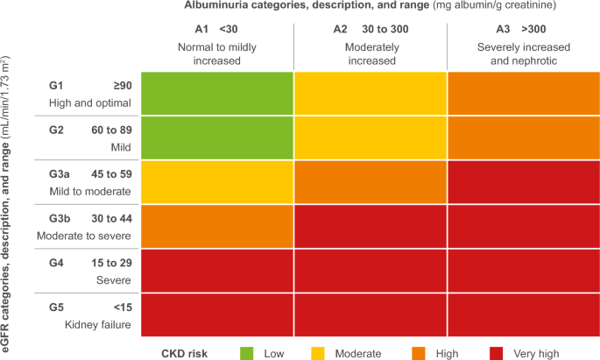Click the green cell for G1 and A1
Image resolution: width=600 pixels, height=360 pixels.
click(215, 92)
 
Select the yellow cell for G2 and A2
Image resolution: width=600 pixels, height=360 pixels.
click(370, 137)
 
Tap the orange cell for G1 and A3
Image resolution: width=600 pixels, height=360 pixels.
click(523, 92)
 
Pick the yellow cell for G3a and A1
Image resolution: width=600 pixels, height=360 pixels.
click(215, 181)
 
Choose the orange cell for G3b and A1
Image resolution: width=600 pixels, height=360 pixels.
click(215, 226)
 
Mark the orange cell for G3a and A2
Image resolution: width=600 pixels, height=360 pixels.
click(370, 181)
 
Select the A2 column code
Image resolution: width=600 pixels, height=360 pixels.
click(342, 28)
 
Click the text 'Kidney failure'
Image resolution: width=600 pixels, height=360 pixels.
click(97, 325)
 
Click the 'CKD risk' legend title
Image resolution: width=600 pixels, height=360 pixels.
click(186, 352)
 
